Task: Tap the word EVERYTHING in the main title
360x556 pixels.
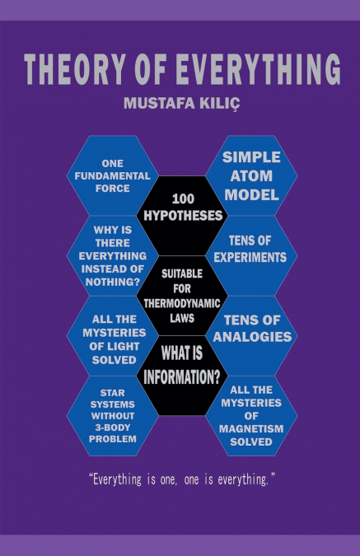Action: tap(258, 69)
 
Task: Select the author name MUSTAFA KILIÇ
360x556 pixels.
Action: tap(181, 104)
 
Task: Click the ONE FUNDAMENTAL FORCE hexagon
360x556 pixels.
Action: tap(112, 176)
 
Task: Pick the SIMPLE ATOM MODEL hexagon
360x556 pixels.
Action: tap(251, 176)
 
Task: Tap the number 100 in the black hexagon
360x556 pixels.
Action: tap(183, 199)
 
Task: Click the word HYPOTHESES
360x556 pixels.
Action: tap(183, 216)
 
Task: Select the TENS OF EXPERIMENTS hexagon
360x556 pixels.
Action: tap(251, 255)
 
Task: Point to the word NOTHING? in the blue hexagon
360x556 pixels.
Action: tap(112, 283)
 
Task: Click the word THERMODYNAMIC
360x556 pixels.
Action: tap(182, 303)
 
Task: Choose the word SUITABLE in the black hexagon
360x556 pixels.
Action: tap(182, 273)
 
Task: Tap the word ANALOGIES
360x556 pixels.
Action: tap(252, 337)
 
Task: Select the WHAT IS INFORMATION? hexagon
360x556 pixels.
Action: tap(182, 376)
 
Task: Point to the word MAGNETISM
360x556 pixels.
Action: tap(251, 429)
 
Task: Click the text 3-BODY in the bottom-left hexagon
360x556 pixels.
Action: tap(112, 428)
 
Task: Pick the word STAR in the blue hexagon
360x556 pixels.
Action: tap(112, 393)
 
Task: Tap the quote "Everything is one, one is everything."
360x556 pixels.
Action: tap(182, 479)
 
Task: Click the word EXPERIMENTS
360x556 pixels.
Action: tap(250, 258)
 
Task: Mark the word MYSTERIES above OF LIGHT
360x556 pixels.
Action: tap(115, 333)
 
